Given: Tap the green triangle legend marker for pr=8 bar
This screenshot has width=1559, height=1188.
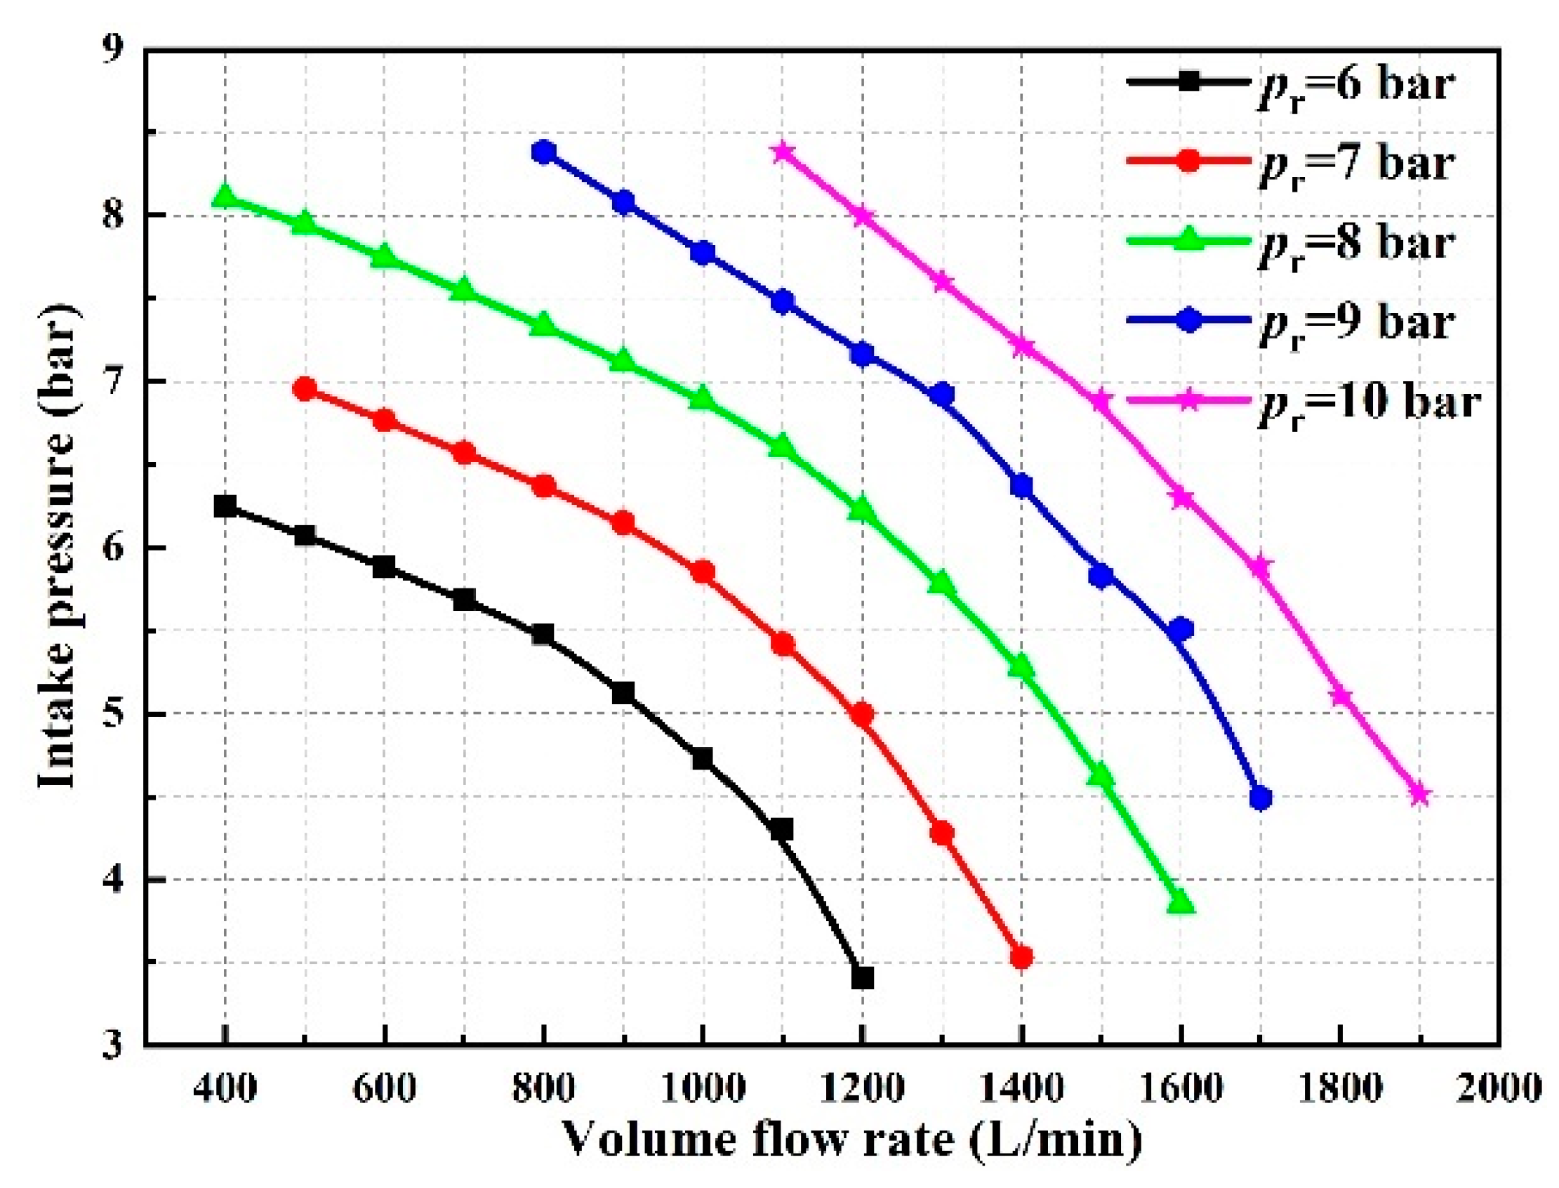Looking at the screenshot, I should [1190, 241].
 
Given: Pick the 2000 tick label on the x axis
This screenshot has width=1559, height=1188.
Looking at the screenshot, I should [1498, 1088].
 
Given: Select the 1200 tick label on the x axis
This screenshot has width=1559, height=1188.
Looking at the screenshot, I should [861, 1088].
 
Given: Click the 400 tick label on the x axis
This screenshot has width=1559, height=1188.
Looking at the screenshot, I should [225, 1088].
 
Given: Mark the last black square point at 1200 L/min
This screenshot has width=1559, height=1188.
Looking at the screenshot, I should [862, 979].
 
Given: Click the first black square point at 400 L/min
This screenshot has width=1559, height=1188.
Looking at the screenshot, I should [225, 506].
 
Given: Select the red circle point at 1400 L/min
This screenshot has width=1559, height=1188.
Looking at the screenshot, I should [1021, 958].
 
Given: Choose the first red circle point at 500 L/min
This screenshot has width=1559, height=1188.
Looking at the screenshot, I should [305, 389].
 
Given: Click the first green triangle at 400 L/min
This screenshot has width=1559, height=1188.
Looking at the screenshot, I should [225, 196].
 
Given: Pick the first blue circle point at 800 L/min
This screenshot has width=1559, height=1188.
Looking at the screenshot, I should [544, 152].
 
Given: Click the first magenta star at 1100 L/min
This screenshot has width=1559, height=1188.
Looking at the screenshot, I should [782, 152].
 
